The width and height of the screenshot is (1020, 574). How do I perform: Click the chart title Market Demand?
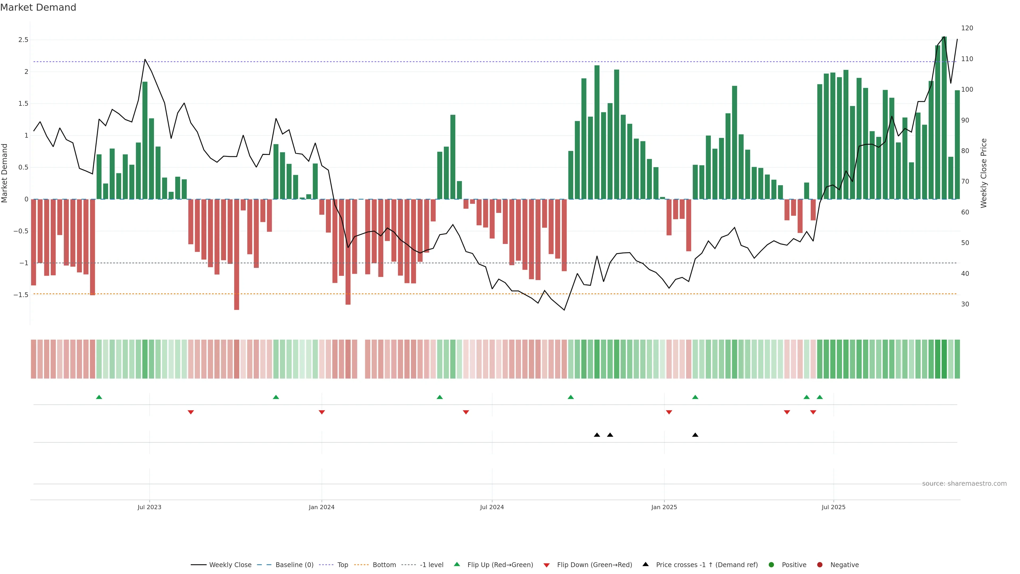pos(38,7)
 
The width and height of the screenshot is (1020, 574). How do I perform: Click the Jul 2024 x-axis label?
pos(492,507)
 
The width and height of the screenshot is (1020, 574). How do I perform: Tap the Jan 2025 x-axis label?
pos(664,507)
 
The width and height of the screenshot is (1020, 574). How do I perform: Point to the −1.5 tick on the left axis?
pos(21,295)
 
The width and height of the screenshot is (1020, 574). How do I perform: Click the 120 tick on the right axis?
pos(967,28)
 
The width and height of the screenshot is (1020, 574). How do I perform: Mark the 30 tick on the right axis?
pos(965,304)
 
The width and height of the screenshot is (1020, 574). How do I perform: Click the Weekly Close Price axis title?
pos(984,173)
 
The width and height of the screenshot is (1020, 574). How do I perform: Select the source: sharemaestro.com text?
pos(964,484)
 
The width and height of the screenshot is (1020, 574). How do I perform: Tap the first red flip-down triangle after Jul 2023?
pos(190,412)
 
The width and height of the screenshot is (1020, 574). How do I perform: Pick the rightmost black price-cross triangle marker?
pos(695,435)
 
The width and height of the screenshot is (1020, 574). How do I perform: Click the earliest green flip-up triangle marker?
pos(99,397)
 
